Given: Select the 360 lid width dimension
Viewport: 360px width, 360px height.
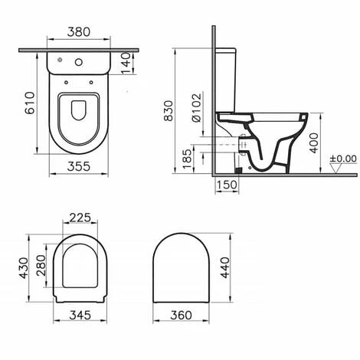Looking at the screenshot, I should tap(182, 315).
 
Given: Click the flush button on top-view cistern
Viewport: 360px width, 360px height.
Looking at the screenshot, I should tap(80, 59).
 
